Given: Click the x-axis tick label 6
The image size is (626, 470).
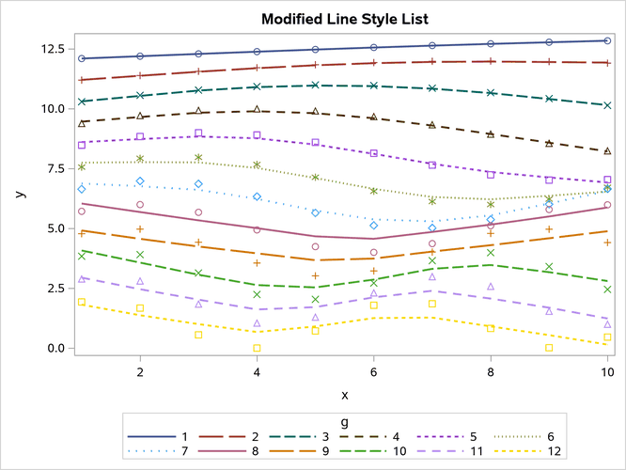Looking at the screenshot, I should coord(374,373).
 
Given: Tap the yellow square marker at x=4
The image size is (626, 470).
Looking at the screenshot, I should coord(257,348).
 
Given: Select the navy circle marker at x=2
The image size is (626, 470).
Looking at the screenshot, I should coord(140,56).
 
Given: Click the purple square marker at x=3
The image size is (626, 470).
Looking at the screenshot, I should coord(198,133).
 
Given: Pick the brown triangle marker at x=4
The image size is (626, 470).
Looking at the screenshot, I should coord(257,110).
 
